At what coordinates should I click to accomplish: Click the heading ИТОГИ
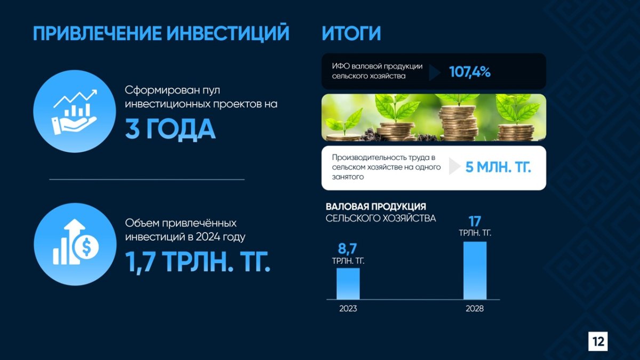pos(351,34)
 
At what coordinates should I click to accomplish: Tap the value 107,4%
pos(470,71)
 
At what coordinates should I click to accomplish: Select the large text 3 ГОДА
pos(170,129)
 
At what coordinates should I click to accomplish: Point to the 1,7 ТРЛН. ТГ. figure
pos(198,262)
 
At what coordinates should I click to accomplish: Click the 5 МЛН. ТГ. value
pos(498,167)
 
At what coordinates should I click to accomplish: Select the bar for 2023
pos(348,284)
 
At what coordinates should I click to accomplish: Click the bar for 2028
pos(475,270)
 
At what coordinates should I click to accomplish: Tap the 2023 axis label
pos(348,309)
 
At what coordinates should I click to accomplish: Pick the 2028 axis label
pos(475,309)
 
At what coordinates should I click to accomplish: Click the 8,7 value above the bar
pos(347,249)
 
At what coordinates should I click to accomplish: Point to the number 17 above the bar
pos(475,221)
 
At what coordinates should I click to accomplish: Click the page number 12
pos(598,341)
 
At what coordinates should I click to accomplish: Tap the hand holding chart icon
pos(75,112)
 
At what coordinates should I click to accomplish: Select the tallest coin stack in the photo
pos(458,123)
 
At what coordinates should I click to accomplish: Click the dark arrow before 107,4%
pos(435,73)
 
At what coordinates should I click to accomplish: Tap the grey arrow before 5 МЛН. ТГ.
pos(454,166)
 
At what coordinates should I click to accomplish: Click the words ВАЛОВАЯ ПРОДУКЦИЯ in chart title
pos(375,206)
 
